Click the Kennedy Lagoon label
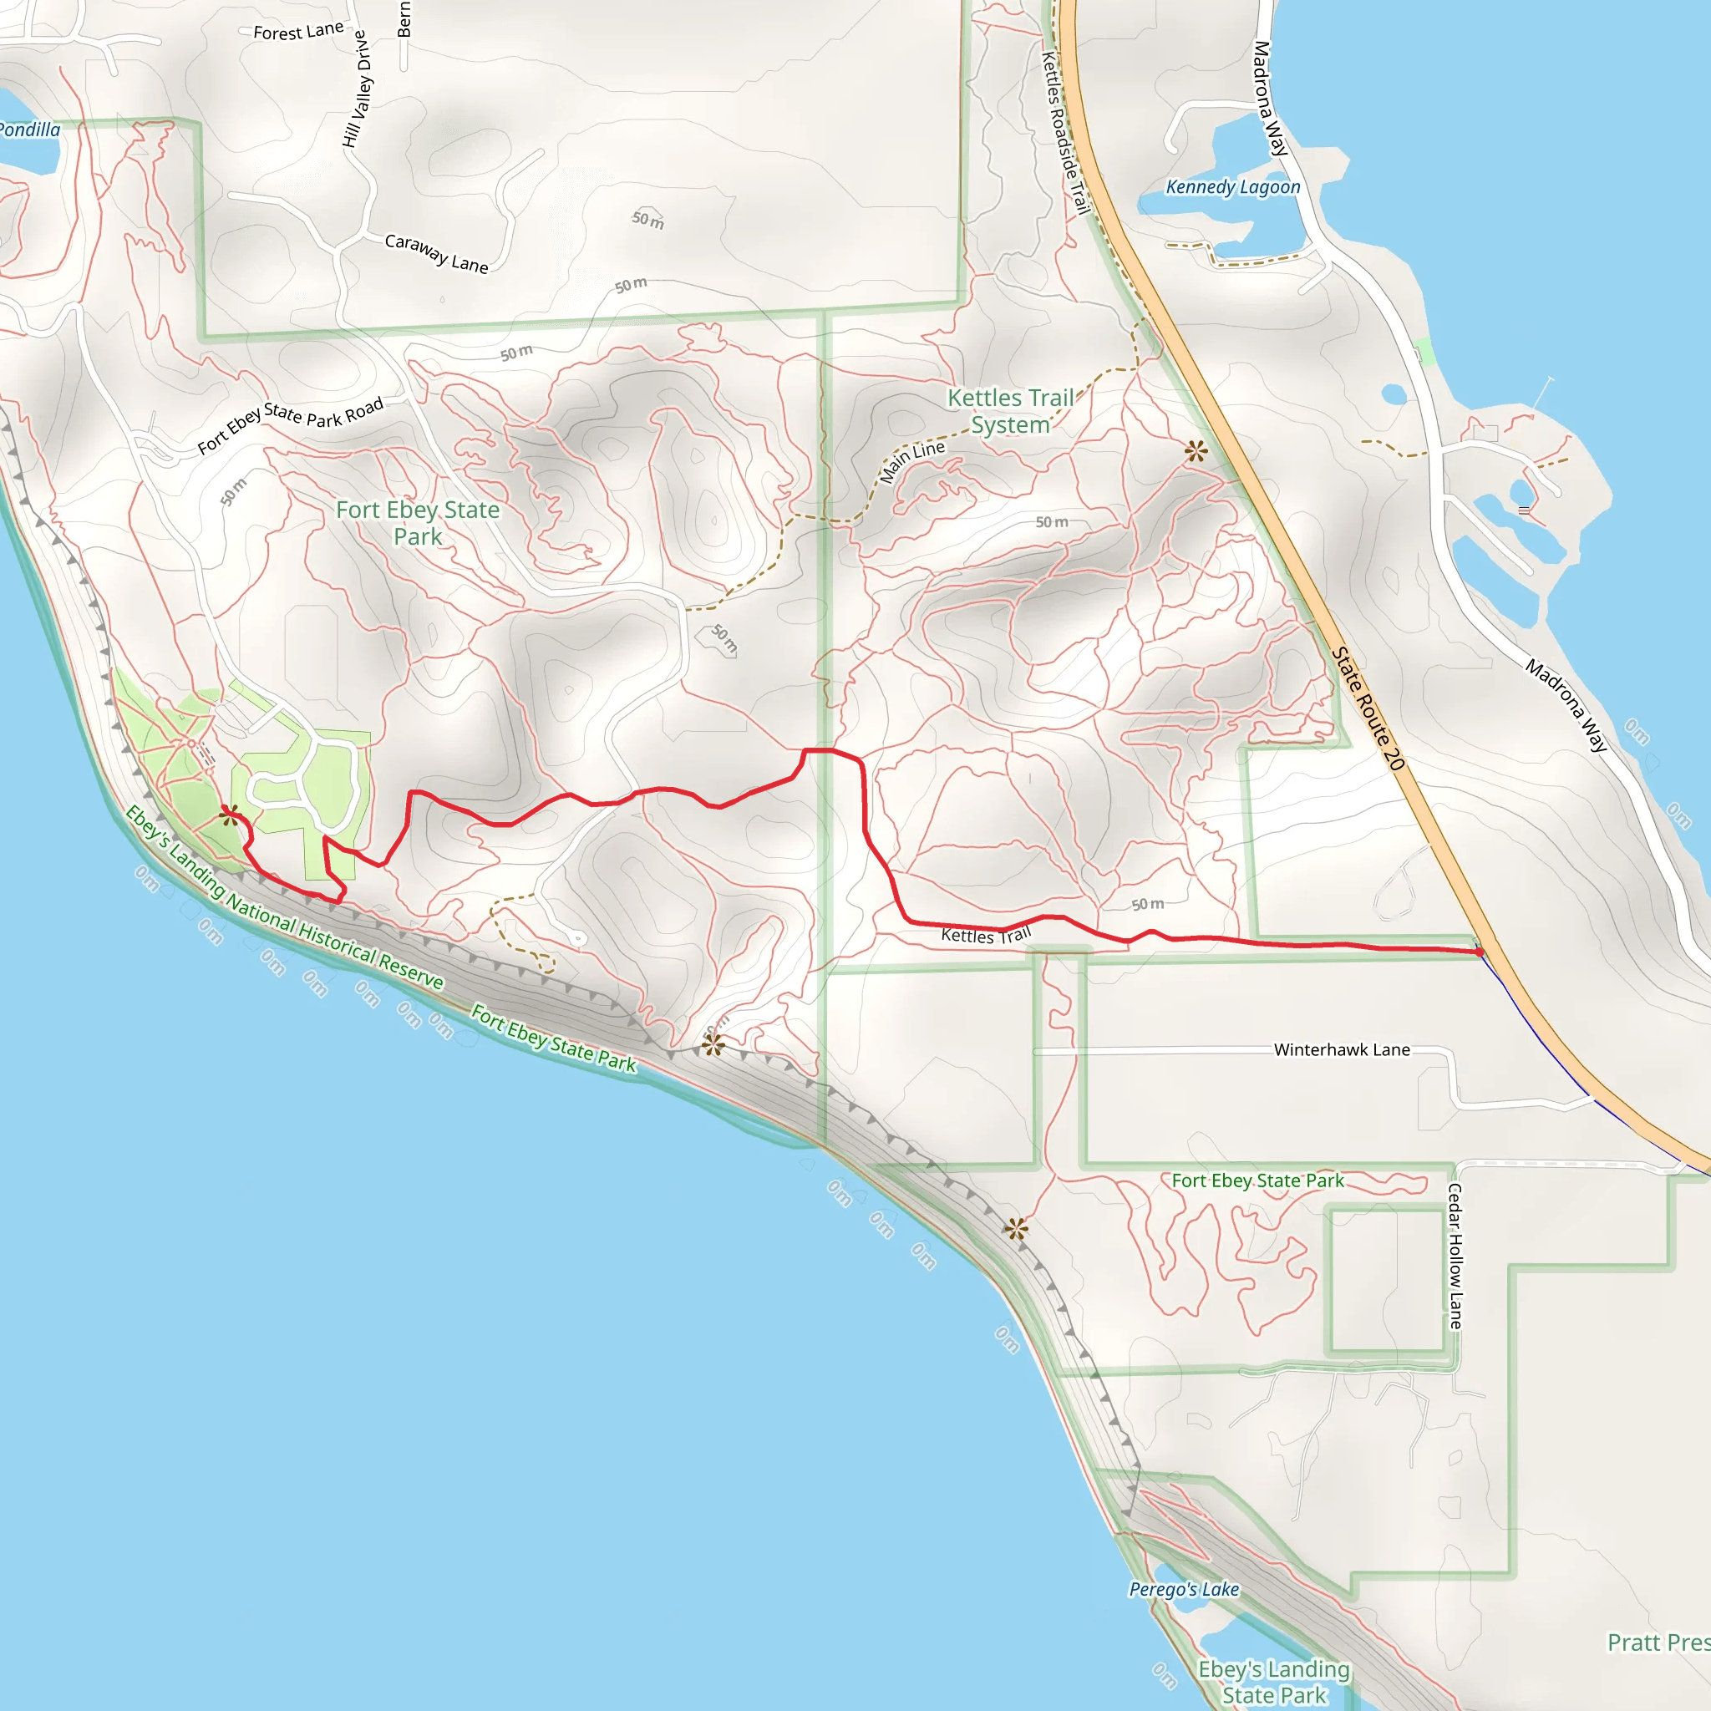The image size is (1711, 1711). pyautogui.click(x=1232, y=187)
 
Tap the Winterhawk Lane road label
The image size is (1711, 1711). pyautogui.click(x=1341, y=1049)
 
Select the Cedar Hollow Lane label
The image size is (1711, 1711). pyautogui.click(x=1455, y=1256)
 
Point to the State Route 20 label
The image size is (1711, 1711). pyautogui.click(x=1368, y=708)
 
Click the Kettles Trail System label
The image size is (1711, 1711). pyautogui.click(x=1011, y=411)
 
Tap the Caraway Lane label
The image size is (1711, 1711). pyautogui.click(x=437, y=253)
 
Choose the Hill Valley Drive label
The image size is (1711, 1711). pyautogui.click(x=356, y=89)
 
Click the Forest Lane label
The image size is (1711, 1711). pyautogui.click(x=298, y=31)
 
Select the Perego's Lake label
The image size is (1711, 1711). pyautogui.click(x=1183, y=1589)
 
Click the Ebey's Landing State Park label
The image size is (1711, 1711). pyautogui.click(x=1273, y=1682)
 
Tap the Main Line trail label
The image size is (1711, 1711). pyautogui.click(x=912, y=460)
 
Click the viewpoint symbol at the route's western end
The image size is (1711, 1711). pyautogui.click(x=231, y=814)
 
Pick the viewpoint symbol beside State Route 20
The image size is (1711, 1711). pyautogui.click(x=1196, y=452)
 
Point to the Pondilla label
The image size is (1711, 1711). pyautogui.click(x=29, y=130)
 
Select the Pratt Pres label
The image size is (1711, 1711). pyautogui.click(x=1658, y=1642)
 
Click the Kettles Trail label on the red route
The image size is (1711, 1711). pyautogui.click(x=986, y=935)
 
